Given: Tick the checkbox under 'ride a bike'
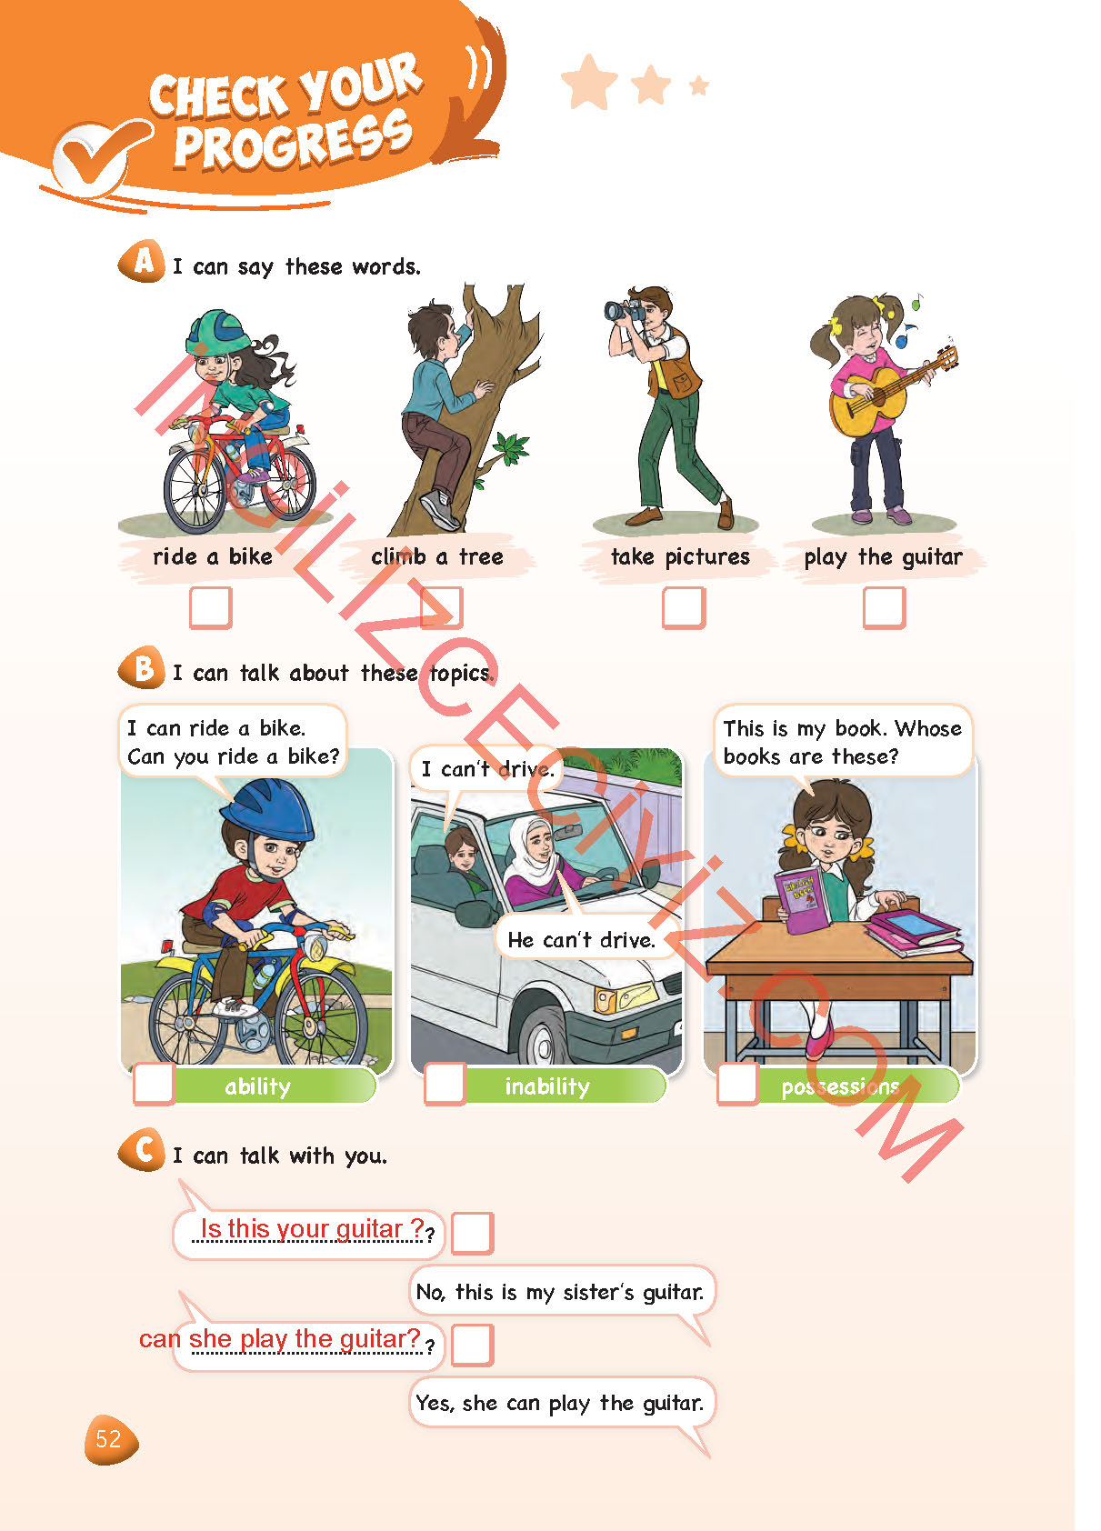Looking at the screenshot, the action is click(x=211, y=607).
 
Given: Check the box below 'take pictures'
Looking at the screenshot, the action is click(x=684, y=607).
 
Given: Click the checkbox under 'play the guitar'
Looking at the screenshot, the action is click(x=884, y=607).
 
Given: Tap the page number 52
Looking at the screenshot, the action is click(x=109, y=1439).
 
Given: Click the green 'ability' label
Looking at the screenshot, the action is click(x=274, y=1086).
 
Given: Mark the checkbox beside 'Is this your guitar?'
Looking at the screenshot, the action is click(x=472, y=1233).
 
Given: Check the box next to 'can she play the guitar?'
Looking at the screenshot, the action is click(x=472, y=1345).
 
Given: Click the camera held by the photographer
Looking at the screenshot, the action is click(x=624, y=310).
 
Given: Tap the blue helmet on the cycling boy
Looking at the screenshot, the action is click(x=267, y=812).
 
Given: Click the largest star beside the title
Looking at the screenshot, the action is click(x=588, y=82).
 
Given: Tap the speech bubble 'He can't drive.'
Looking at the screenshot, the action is click(x=582, y=939).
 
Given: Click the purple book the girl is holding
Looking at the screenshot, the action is click(x=803, y=899).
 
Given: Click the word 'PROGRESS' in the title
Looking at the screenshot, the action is click(x=294, y=140).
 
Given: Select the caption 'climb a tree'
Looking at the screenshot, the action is click(x=437, y=557).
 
